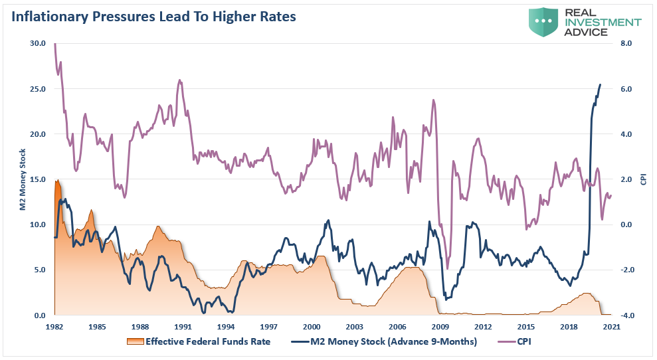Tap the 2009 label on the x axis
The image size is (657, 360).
click(x=440, y=327)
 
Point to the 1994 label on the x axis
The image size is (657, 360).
click(x=225, y=327)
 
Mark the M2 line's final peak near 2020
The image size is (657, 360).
click(x=601, y=84)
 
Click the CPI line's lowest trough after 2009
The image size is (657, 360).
click(x=447, y=268)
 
